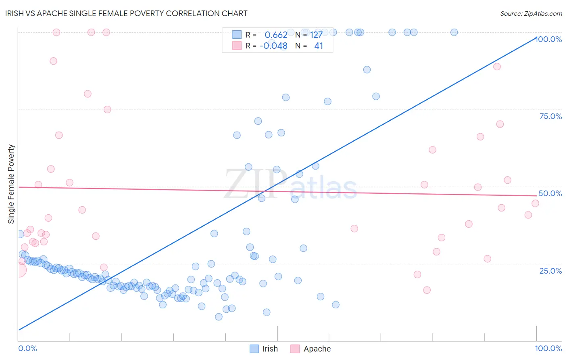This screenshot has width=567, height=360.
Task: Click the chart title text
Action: [126, 13]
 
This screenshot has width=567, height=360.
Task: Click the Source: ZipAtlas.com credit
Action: [531, 13]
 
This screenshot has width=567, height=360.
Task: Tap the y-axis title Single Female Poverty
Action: [11, 184]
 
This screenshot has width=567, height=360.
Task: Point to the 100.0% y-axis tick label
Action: [548, 39]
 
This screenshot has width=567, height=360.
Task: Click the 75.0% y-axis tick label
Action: [550, 116]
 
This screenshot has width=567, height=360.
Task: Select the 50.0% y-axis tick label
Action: [550, 193]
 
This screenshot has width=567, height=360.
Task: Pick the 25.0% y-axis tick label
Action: [550, 270]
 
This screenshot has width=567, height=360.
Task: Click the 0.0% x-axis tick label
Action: [27, 348]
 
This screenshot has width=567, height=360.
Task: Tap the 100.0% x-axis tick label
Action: [548, 348]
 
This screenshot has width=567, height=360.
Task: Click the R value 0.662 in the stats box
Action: [276, 35]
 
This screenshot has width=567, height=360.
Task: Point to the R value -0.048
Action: [273, 46]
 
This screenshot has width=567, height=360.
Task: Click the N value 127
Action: [316, 35]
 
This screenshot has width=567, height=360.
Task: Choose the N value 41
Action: [319, 46]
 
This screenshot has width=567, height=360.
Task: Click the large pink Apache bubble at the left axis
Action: [19, 270]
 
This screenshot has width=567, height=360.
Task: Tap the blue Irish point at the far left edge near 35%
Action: [20, 234]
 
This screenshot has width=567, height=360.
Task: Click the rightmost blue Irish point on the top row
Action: [454, 32]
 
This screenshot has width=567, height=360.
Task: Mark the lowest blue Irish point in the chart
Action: [219, 317]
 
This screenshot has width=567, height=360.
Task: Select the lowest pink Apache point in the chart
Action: [427, 290]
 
